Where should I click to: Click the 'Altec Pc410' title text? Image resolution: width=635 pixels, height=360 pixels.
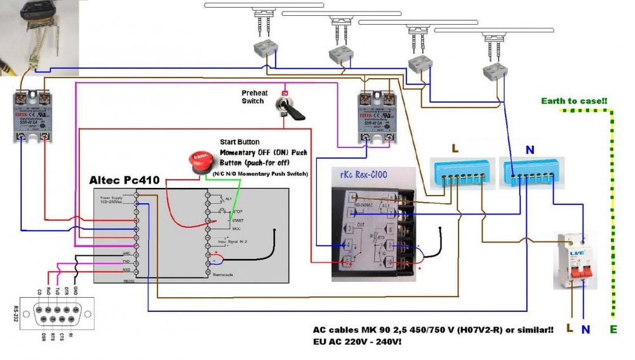coord(123,180)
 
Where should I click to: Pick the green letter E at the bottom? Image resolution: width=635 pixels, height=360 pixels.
coord(614,330)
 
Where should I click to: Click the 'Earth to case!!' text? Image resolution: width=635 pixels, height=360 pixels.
coord(575,101)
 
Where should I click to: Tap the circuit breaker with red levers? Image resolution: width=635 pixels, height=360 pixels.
coord(575,260)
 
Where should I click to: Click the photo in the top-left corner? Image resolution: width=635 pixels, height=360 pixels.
coord(39,37)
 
